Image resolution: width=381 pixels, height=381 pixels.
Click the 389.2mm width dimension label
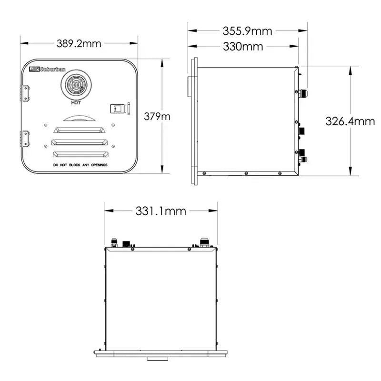click(79, 43)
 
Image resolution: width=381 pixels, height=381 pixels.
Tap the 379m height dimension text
click(157, 116)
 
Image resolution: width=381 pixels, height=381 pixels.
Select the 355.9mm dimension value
click(247, 31)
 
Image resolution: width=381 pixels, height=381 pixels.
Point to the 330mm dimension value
click(243, 47)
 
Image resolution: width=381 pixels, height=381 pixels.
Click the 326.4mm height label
click(350, 121)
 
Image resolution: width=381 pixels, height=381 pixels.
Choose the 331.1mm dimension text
click(161, 211)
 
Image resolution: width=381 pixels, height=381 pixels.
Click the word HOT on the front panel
click(75, 102)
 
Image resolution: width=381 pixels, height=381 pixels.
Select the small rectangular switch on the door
click(117, 109)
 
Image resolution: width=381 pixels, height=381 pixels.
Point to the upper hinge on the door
click(26, 93)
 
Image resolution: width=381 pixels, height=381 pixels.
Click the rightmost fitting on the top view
click(204, 242)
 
